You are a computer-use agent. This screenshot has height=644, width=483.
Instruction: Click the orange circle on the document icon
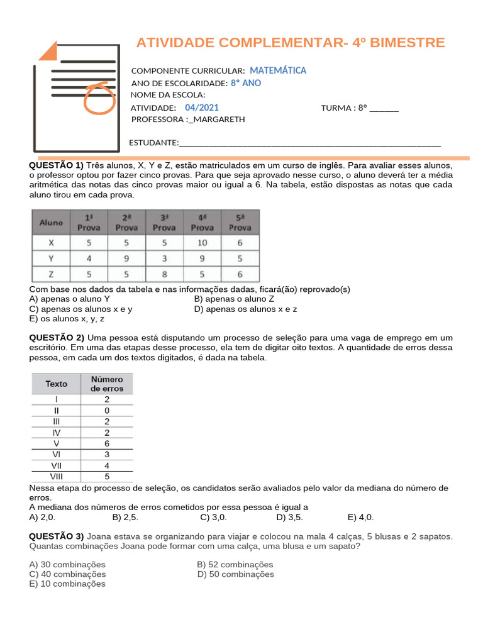click(x=99, y=98)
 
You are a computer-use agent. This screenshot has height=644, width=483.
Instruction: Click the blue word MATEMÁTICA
click(x=277, y=70)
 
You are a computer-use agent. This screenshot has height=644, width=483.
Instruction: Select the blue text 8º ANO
click(x=245, y=83)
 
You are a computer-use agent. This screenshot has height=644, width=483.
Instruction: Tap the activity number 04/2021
click(x=202, y=108)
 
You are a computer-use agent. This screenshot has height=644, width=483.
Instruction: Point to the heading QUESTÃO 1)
click(x=56, y=165)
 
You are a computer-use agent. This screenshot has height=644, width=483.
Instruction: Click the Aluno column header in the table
click(x=51, y=223)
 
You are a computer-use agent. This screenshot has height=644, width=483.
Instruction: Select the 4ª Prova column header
click(x=202, y=223)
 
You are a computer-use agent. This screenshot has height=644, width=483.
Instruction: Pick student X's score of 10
click(x=202, y=242)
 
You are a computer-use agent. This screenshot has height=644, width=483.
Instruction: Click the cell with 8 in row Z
click(x=164, y=274)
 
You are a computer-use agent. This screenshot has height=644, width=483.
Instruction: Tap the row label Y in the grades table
click(x=51, y=258)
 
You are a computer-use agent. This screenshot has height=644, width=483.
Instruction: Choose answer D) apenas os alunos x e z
click(x=245, y=309)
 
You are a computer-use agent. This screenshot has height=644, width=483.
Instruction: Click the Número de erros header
click(x=107, y=384)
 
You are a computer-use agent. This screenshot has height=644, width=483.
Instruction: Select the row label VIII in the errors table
click(x=57, y=477)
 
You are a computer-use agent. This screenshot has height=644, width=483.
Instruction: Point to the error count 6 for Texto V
click(x=107, y=443)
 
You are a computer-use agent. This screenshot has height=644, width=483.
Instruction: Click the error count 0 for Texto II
click(x=107, y=410)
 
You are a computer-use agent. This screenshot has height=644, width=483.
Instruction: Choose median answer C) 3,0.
click(x=213, y=518)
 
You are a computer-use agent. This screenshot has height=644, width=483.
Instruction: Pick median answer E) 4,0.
click(x=360, y=518)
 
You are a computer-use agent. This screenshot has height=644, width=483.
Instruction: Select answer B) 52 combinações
click(x=235, y=565)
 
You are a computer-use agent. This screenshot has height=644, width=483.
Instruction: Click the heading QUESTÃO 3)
click(x=56, y=536)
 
